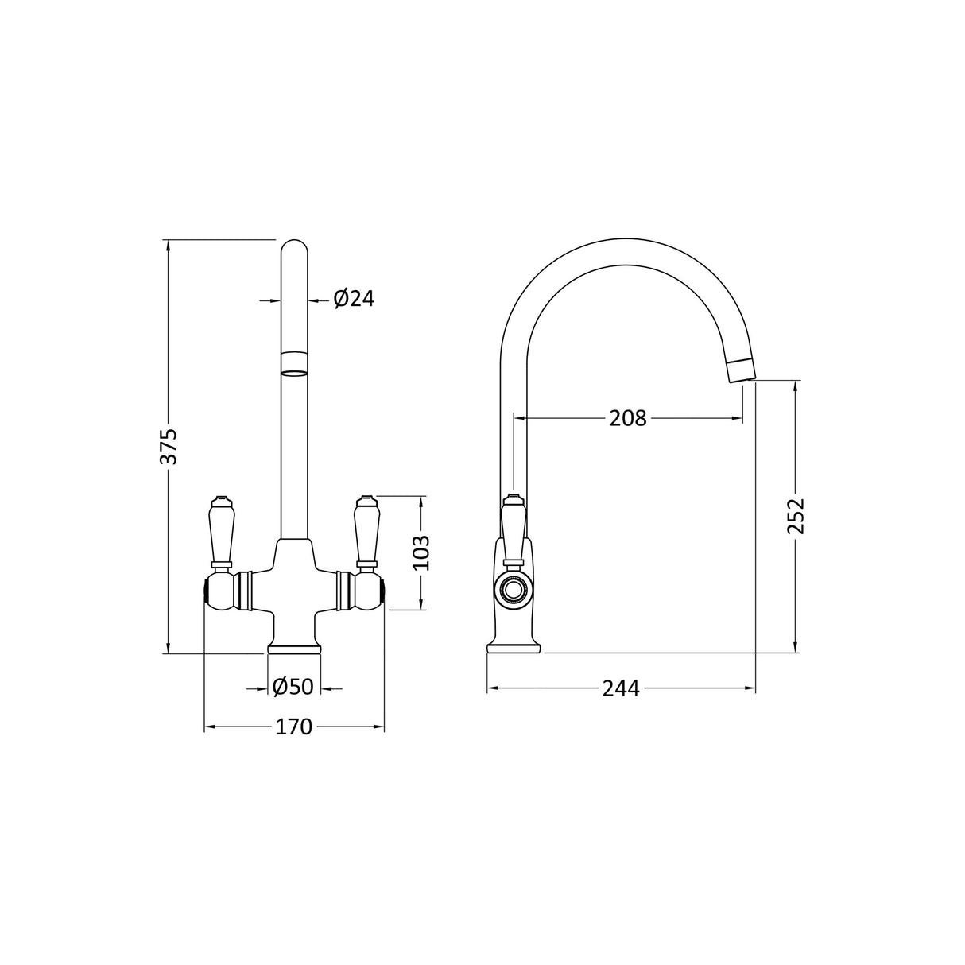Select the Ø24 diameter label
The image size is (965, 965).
(353, 299)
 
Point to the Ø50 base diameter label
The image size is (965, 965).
(293, 687)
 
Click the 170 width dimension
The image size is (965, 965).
(294, 727)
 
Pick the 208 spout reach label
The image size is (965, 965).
(628, 417)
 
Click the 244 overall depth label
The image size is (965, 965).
(621, 688)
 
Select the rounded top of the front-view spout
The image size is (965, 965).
(295, 247)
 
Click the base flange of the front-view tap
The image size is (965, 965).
(295, 647)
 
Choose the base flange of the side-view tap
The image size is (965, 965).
(514, 647)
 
